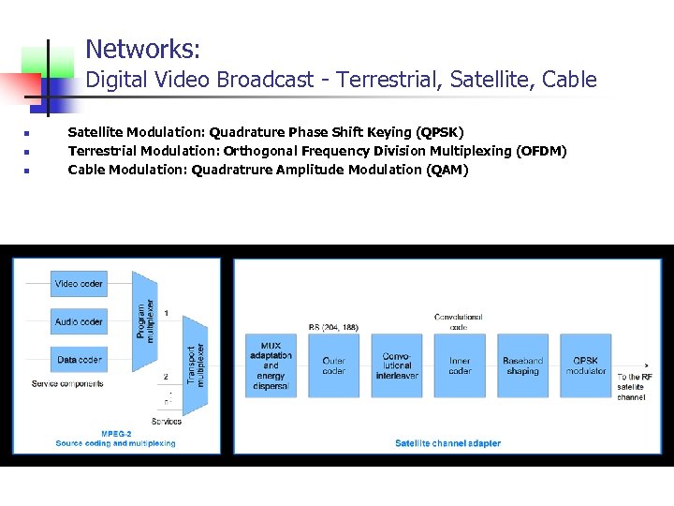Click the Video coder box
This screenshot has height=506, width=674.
point(79,283)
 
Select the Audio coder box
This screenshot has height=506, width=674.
point(79,321)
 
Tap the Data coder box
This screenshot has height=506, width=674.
point(79,359)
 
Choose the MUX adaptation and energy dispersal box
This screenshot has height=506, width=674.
point(271,365)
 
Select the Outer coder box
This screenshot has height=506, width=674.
point(334,365)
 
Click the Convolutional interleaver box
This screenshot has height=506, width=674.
point(397,365)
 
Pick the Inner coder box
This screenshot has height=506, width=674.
point(460,365)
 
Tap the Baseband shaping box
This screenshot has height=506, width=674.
point(522,365)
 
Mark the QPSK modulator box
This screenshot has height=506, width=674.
point(586,365)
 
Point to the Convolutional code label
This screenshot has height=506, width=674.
point(459,321)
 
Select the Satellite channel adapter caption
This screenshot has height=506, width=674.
point(447,443)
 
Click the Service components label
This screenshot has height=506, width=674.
point(67,383)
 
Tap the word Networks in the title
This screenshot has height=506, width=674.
point(142,48)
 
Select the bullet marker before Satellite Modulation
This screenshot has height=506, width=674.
point(28,133)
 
